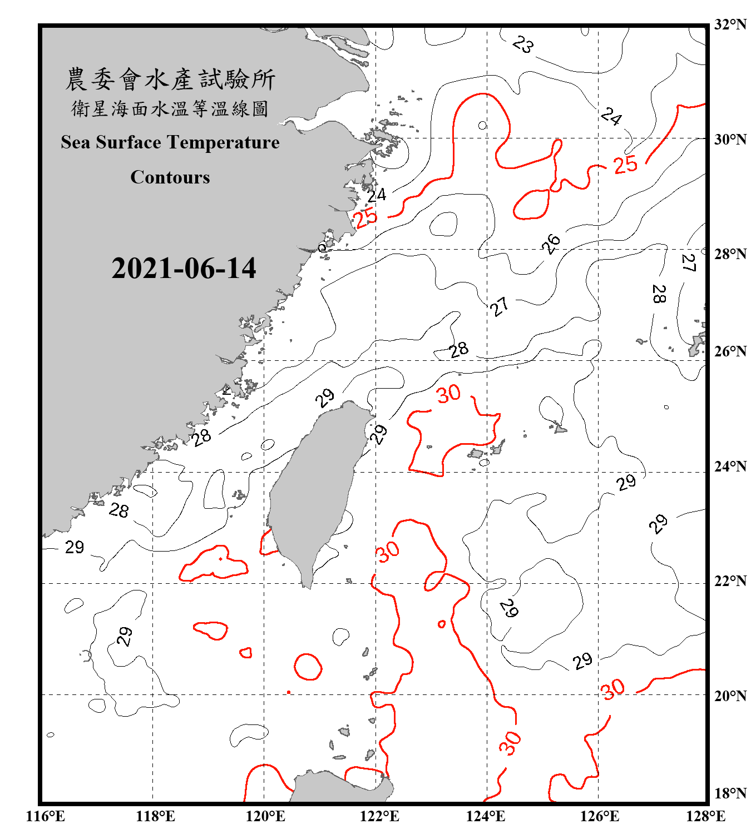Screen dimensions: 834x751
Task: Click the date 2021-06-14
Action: tap(184, 268)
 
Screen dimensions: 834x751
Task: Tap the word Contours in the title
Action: tap(170, 177)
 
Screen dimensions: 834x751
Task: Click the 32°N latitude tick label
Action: tap(730, 24)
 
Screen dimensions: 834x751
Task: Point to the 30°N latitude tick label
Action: tap(730, 139)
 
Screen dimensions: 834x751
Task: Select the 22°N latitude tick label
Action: tap(730, 581)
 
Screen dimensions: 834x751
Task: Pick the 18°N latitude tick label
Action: tap(730, 793)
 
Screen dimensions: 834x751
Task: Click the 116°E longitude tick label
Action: tap(46, 816)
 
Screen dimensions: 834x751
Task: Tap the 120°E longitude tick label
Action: tap(265, 816)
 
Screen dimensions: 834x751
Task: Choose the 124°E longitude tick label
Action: tap(486, 816)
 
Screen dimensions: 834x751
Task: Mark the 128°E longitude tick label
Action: tap(705, 816)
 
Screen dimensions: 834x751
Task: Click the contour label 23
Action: tap(522, 44)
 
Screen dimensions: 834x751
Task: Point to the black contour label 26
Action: tap(551, 244)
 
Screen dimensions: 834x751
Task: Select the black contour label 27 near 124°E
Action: tap(499, 306)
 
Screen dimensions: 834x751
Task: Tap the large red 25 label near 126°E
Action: tap(625, 165)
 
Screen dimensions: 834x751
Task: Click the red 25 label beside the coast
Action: tap(366, 217)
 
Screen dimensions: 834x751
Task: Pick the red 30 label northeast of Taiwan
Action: tap(448, 394)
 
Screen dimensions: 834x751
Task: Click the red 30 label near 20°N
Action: tap(613, 689)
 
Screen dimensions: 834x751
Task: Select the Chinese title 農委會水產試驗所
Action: tap(170, 80)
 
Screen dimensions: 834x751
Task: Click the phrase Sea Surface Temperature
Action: tap(170, 142)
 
